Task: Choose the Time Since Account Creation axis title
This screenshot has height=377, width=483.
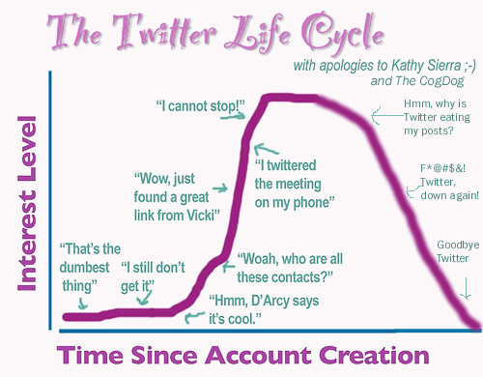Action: [241, 351]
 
